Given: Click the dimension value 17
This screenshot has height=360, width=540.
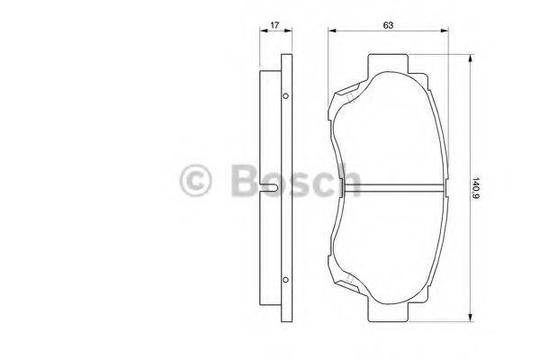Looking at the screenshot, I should (273, 26).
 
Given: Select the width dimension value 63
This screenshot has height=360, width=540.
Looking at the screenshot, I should (388, 25).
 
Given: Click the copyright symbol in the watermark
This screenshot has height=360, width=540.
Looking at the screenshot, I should (197, 181).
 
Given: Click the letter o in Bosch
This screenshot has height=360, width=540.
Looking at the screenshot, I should (273, 184).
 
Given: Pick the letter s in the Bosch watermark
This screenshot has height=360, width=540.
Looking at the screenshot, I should (299, 184).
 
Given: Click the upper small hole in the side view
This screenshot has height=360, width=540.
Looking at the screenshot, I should (285, 96).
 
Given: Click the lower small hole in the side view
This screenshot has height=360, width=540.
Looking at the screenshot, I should (285, 277).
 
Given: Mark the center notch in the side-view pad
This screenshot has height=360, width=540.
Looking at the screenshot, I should (273, 188).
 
